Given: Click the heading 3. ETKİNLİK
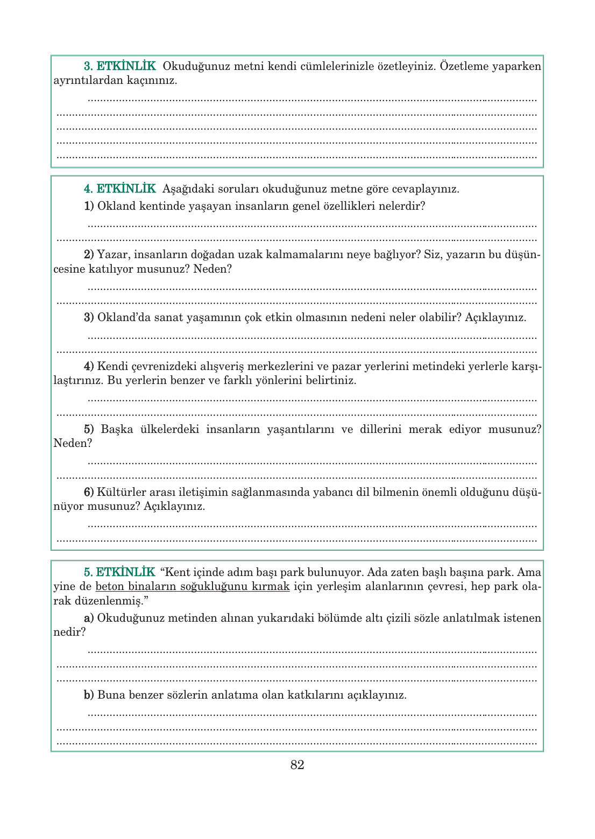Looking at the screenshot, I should pyautogui.click(x=119, y=66).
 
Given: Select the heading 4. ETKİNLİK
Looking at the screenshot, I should pyautogui.click(x=119, y=189).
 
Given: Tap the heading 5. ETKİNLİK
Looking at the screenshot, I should pyautogui.click(x=119, y=572).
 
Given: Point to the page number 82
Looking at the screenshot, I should pyautogui.click(x=297, y=765).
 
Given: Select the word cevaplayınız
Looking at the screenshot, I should pyautogui.click(x=425, y=189).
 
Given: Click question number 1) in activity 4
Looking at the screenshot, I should pyautogui.click(x=89, y=206).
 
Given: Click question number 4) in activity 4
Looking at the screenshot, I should pyautogui.click(x=89, y=366).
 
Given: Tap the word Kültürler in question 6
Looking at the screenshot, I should pyautogui.click(x=122, y=492).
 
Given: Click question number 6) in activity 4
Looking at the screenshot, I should pyautogui.click(x=89, y=492).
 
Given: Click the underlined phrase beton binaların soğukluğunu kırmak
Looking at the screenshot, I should pyautogui.click(x=193, y=587).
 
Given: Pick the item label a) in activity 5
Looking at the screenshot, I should pyautogui.click(x=89, y=618).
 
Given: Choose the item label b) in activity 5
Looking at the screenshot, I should pyautogui.click(x=89, y=695).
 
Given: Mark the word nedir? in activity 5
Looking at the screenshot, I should pyautogui.click(x=69, y=632).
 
